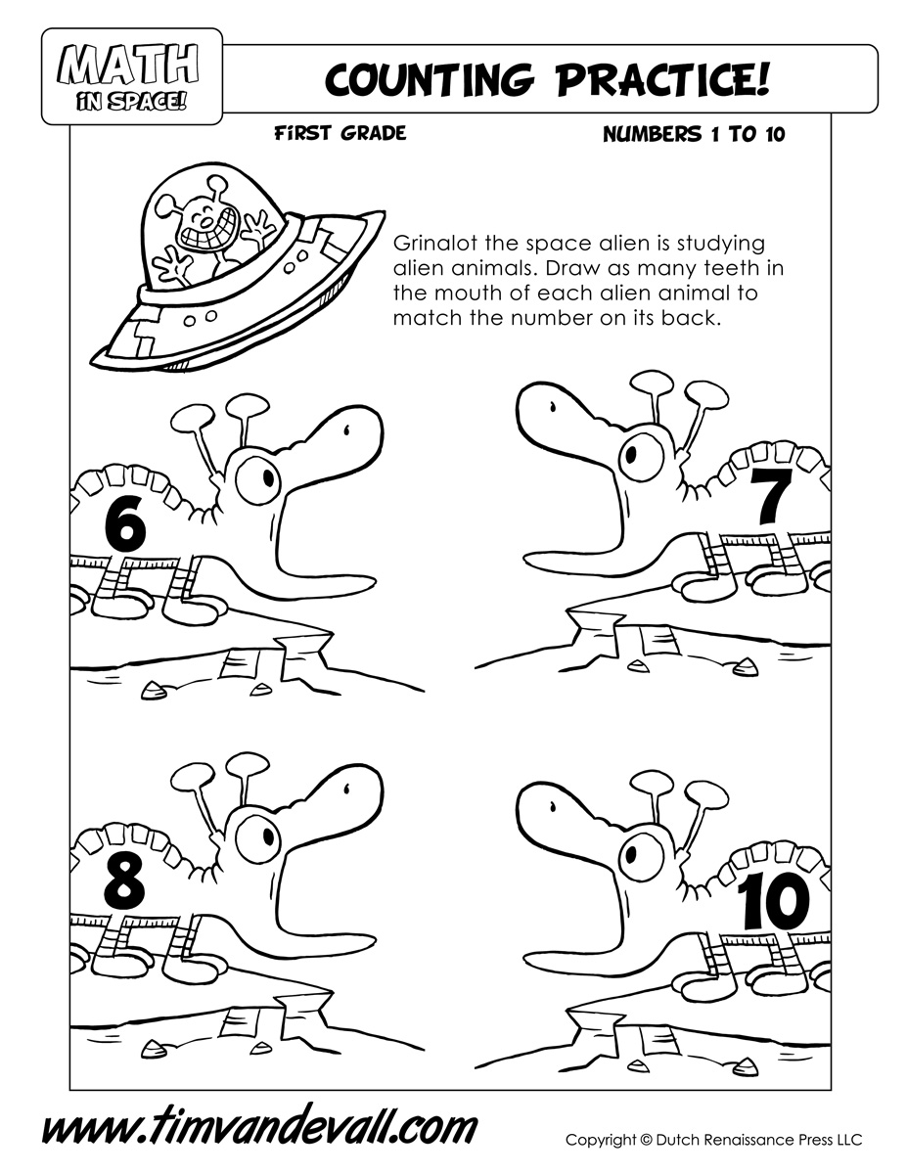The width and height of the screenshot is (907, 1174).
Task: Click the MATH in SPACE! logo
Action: (131, 76)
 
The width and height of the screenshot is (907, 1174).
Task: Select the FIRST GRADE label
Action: (340, 133)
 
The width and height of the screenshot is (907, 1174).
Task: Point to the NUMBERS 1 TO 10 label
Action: (694, 134)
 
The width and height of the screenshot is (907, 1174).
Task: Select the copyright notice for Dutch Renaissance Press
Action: (713, 1125)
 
